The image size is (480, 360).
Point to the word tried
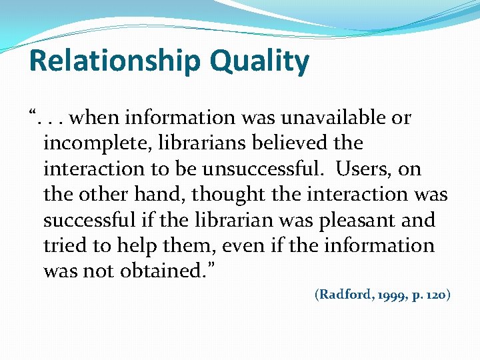tap(65, 245)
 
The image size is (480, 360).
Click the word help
tap(131, 245)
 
